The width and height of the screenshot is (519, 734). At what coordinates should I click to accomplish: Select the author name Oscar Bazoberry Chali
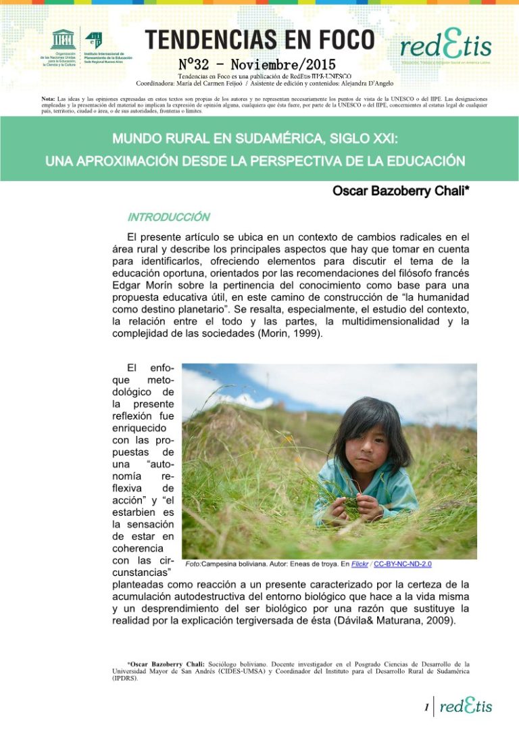pyautogui.click(x=401, y=192)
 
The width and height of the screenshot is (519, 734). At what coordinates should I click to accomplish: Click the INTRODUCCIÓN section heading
pyautogui.click(x=168, y=218)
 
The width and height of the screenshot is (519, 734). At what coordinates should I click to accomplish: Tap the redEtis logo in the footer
pyautogui.click(x=466, y=706)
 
